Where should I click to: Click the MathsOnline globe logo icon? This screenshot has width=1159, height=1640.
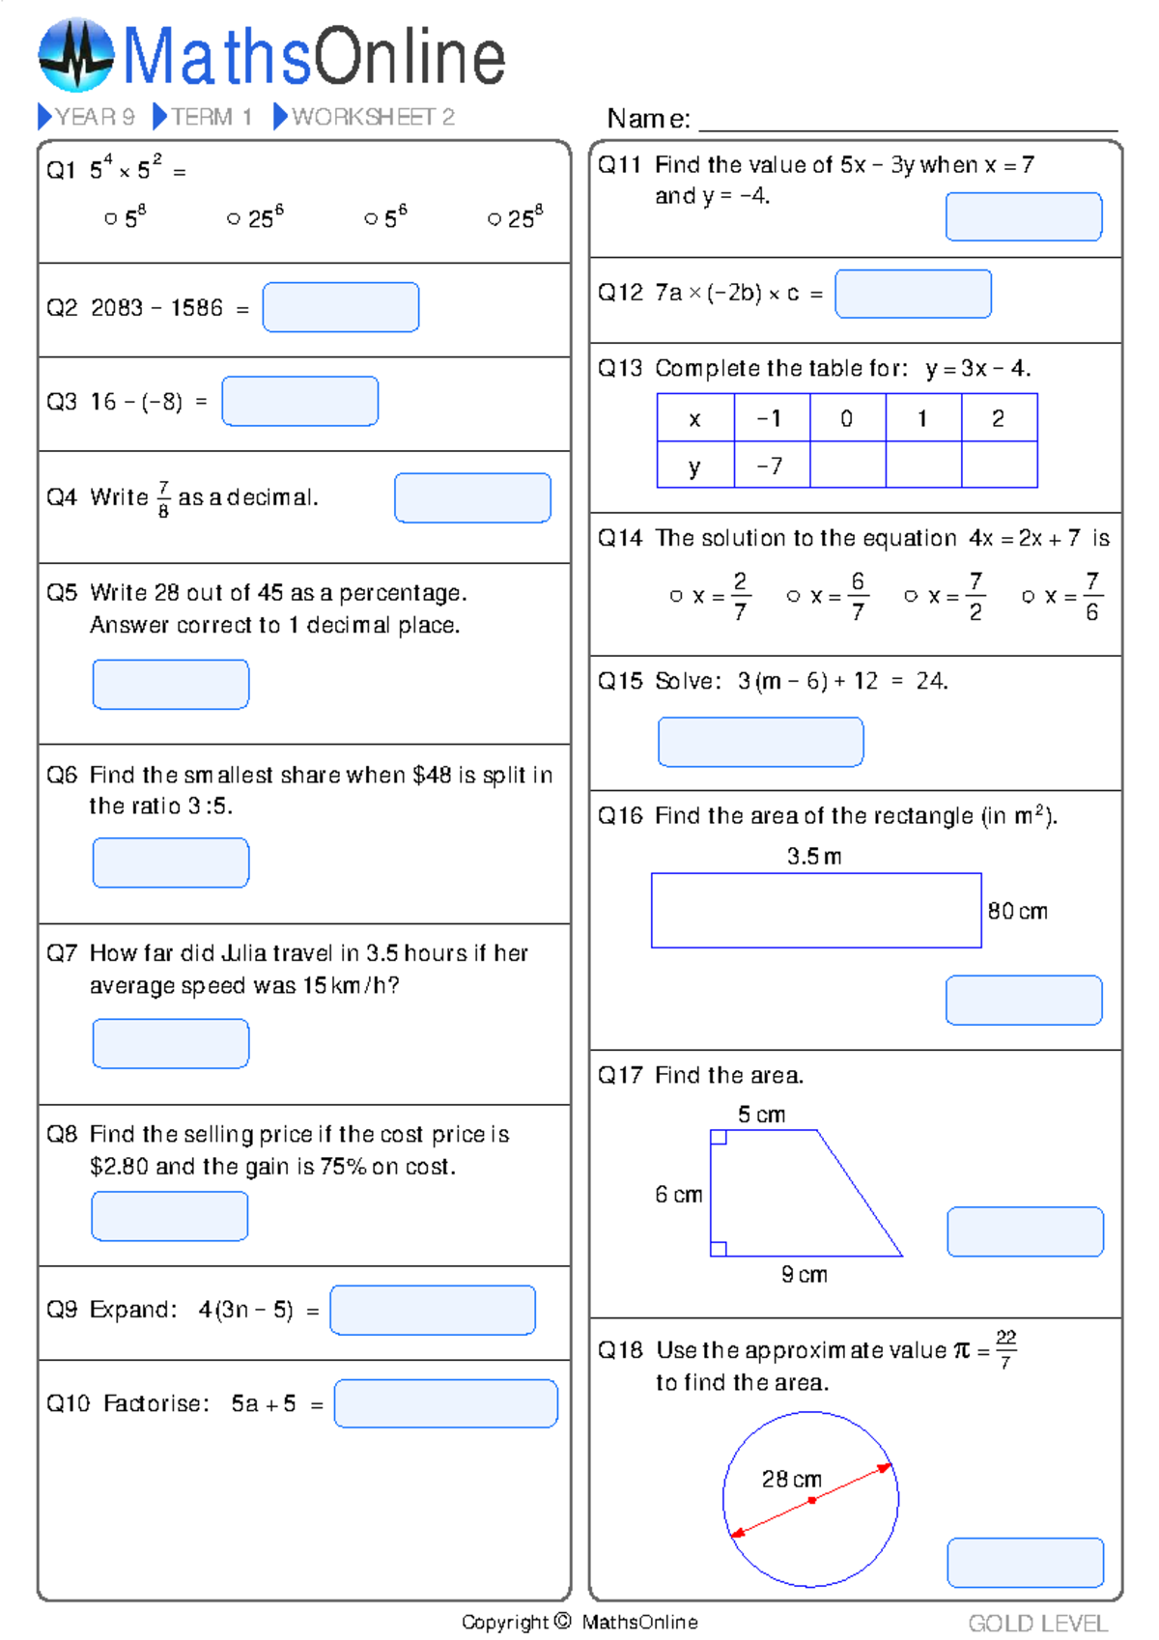[x=76, y=55]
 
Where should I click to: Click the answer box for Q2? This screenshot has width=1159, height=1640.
[x=340, y=307]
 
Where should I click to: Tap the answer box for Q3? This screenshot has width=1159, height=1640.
[x=299, y=401]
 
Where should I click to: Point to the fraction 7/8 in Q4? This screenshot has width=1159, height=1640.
[x=163, y=498]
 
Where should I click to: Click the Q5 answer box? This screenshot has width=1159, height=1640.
[x=171, y=684]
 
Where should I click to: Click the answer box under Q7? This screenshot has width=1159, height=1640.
[x=171, y=1043]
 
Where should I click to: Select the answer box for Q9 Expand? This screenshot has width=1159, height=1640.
[x=432, y=1310]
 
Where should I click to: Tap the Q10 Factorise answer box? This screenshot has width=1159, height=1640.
[x=445, y=1403]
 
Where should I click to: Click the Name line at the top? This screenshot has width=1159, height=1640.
[x=907, y=121]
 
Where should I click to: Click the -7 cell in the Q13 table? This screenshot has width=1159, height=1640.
[x=771, y=467]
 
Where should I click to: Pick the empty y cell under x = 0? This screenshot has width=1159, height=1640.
[x=847, y=467]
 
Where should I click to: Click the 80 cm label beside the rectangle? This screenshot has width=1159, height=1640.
[x=1017, y=911]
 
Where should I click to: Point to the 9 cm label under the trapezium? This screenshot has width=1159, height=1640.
[x=804, y=1275]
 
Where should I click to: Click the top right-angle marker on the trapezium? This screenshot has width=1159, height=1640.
[x=719, y=1138]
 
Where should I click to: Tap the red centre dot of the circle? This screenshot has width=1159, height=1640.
[x=812, y=1500]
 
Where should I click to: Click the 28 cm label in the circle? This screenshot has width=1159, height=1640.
[x=791, y=1479]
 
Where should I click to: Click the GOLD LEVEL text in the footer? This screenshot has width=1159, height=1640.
[x=1038, y=1624]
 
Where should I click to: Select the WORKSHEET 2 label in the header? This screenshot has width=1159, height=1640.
[x=372, y=117]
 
